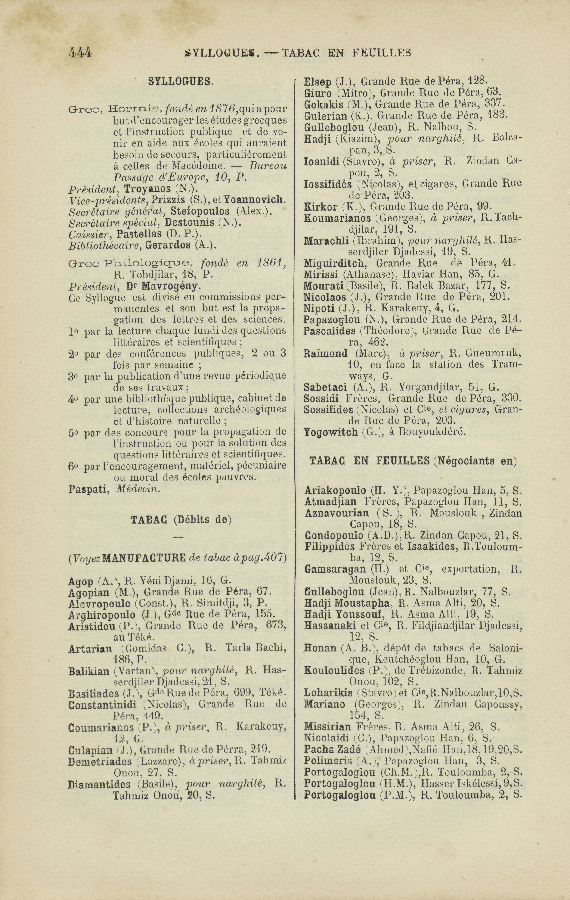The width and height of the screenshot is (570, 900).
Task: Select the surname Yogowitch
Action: click(x=330, y=432)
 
